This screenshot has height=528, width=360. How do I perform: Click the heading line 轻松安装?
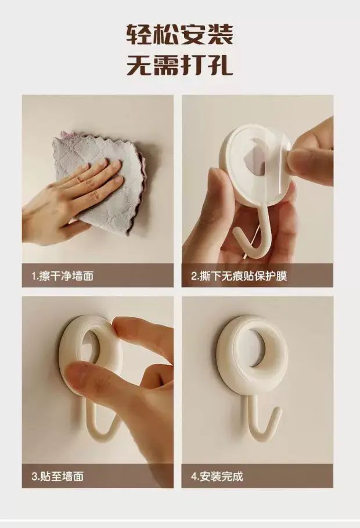[179, 34]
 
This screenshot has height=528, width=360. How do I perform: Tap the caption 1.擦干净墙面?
[62, 276]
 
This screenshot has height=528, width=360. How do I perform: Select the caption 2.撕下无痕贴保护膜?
[239, 276]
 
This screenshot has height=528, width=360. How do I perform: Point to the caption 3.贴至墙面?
[57, 476]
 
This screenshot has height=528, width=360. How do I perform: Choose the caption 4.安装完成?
[217, 476]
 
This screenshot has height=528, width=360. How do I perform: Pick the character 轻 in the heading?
[139, 34]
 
